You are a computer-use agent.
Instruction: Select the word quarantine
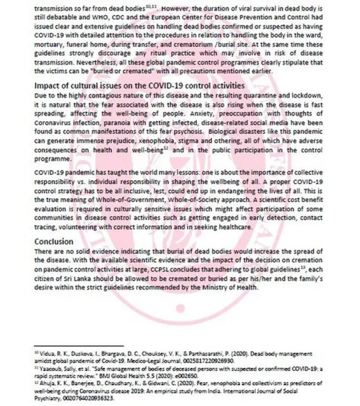point(264,95)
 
